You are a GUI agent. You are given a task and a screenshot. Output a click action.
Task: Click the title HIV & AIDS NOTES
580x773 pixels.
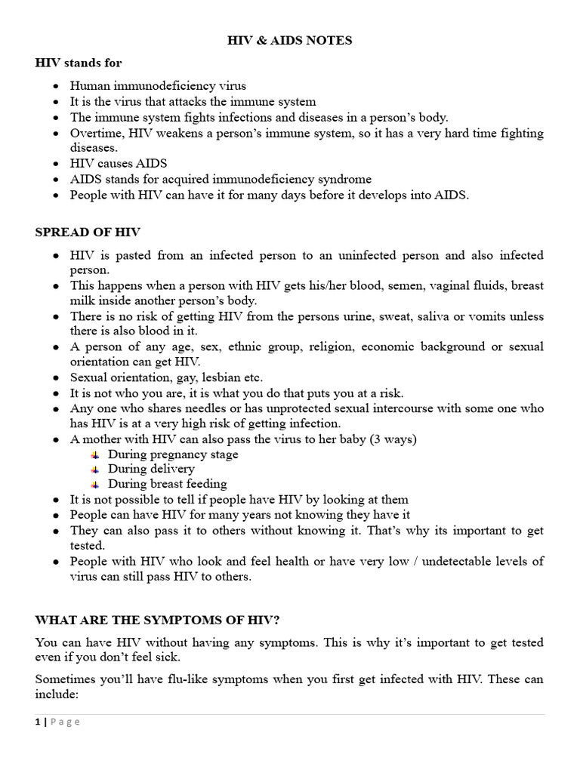(290, 41)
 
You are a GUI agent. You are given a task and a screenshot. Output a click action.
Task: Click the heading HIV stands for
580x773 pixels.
(79, 63)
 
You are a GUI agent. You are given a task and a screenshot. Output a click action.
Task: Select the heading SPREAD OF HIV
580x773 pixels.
(88, 232)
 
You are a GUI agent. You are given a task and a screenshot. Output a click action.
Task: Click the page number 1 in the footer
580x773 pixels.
(37, 722)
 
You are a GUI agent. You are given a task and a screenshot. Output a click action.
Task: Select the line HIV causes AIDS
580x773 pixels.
(119, 164)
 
